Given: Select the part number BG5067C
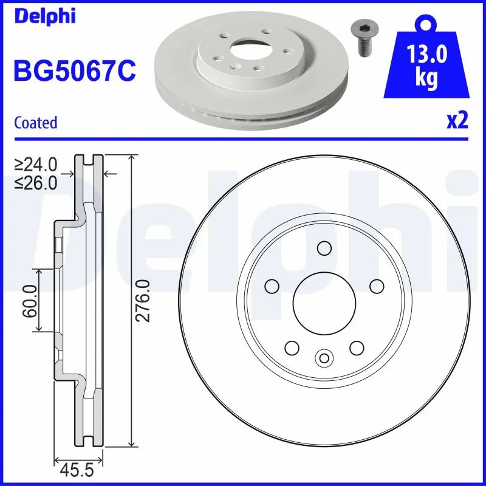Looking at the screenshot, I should point(74,72).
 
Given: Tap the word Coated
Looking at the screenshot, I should point(35,122).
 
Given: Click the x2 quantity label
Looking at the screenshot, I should point(457,121).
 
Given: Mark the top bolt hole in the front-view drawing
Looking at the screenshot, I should point(324,248).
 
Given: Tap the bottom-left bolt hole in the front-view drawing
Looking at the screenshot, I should point(292,347).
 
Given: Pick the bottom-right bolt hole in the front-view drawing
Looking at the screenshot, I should point(356,347).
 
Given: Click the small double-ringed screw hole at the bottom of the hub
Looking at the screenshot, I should point(324,357).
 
